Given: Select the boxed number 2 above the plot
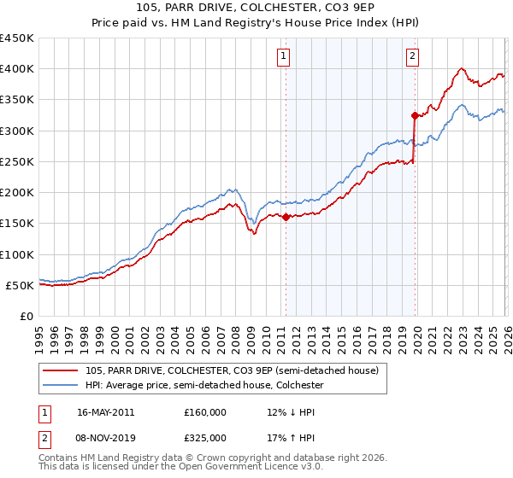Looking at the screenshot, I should click(412, 56).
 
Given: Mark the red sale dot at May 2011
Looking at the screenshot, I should click(286, 217).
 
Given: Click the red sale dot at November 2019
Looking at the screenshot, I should click(415, 115).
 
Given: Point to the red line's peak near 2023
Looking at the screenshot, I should click(462, 69).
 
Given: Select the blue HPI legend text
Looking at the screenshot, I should click(204, 385).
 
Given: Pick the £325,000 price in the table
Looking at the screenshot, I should click(205, 437).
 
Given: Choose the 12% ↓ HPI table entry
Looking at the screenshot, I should click(291, 411).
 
